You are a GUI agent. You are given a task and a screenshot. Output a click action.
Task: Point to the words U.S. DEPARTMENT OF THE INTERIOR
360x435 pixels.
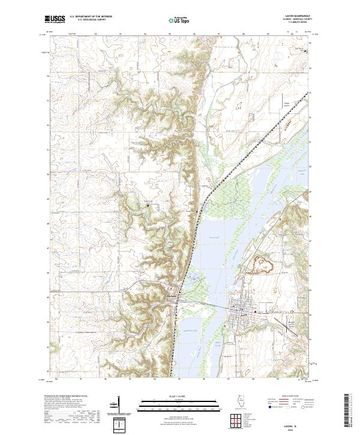[91, 16]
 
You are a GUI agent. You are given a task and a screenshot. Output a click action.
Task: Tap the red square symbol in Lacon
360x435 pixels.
[256, 311]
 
